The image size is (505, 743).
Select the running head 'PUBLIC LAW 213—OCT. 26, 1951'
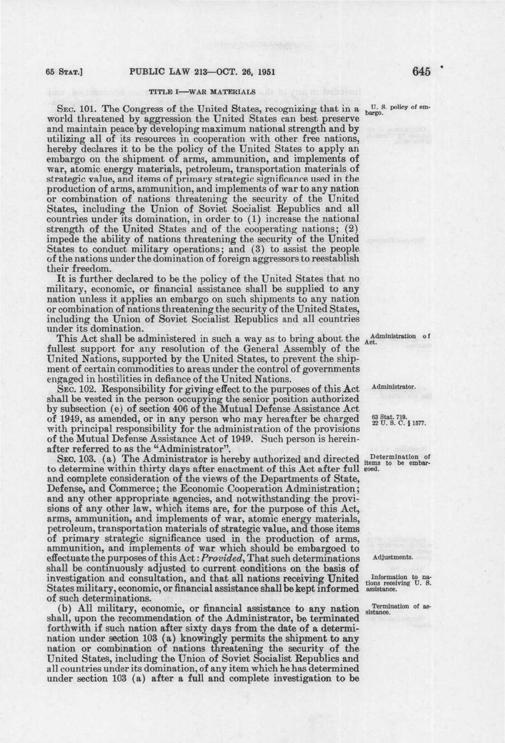[203, 72]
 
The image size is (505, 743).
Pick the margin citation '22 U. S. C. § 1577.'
[398, 422]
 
